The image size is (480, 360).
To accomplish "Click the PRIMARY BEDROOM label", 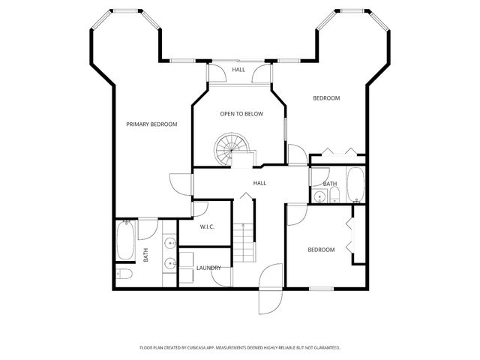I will [x=151, y=124].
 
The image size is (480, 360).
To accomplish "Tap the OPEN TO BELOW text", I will [x=241, y=114].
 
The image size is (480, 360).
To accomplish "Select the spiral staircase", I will [x=227, y=148].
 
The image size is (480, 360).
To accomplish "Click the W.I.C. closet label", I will [x=208, y=226].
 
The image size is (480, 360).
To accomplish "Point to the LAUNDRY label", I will [x=208, y=268].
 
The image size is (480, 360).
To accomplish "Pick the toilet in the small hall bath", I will [x=334, y=196].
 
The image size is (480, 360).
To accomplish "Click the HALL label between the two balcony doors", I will [x=238, y=70].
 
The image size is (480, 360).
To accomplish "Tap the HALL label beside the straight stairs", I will [x=259, y=183].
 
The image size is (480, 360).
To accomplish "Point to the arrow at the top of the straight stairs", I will [x=243, y=197].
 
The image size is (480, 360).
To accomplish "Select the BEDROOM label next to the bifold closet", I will [x=321, y=250].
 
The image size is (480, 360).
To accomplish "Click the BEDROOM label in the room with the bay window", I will [x=326, y=98].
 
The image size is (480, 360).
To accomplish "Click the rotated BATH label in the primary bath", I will [x=145, y=255].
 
